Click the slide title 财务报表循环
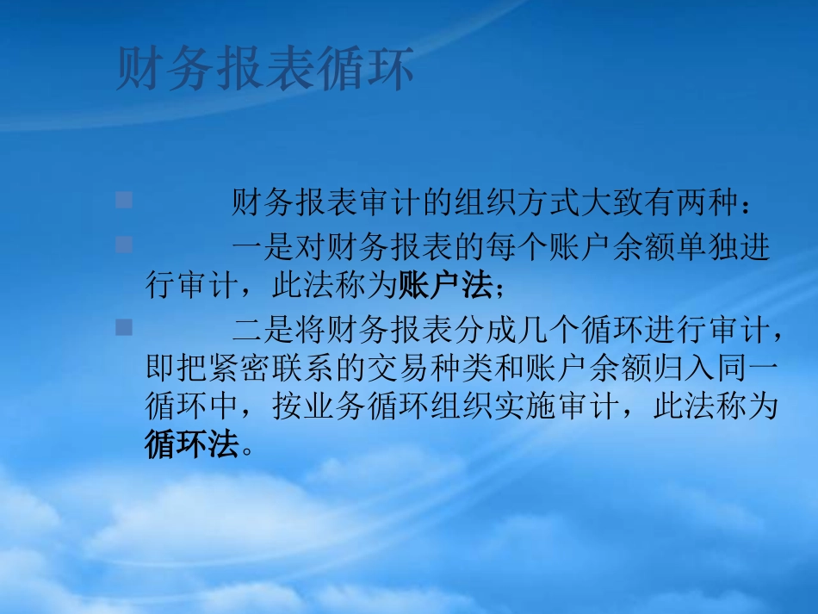pyautogui.click(x=264, y=70)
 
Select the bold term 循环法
pyautogui.click(x=191, y=444)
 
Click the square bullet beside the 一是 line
pyautogui.click(x=124, y=245)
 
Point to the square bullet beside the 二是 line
pyautogui.click(x=124, y=326)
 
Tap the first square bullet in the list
pyautogui.click(x=124, y=201)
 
